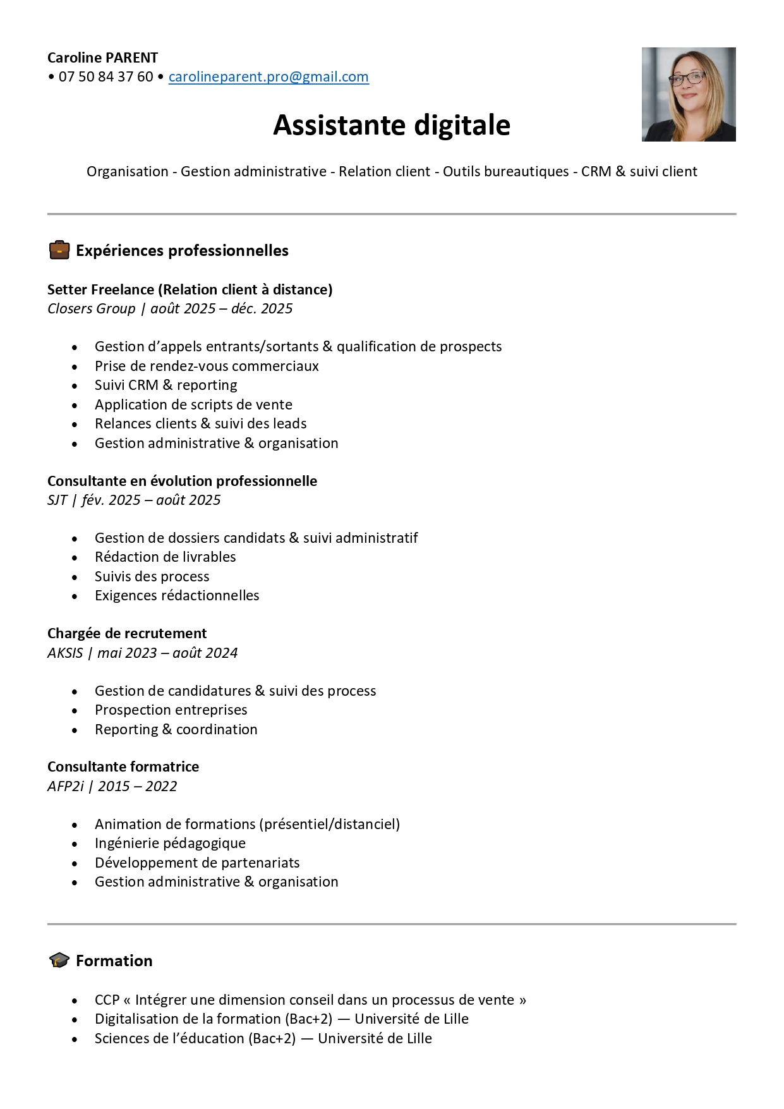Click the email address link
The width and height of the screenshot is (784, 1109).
268,77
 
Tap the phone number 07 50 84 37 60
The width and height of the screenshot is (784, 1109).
106,77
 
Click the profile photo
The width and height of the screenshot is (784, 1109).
689,94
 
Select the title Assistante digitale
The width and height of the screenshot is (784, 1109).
392,125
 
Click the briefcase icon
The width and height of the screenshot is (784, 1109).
59,250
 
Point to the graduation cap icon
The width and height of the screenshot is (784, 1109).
59,961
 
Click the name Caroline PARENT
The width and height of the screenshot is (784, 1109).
102,58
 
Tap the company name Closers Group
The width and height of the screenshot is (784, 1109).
92,308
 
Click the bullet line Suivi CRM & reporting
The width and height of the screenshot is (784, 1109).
166,385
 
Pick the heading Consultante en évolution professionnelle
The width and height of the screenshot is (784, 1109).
182,481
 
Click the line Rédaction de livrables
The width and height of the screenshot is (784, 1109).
166,557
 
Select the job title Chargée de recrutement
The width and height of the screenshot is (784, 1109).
127,633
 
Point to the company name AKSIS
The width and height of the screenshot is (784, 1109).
65,653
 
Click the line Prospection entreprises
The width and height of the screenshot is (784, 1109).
171,710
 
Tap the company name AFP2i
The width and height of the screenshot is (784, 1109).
66,786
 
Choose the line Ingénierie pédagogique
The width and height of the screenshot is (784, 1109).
171,843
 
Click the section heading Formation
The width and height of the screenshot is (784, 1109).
114,961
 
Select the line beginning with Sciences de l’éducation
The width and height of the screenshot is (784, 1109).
263,1038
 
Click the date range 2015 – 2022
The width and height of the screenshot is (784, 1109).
138,786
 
